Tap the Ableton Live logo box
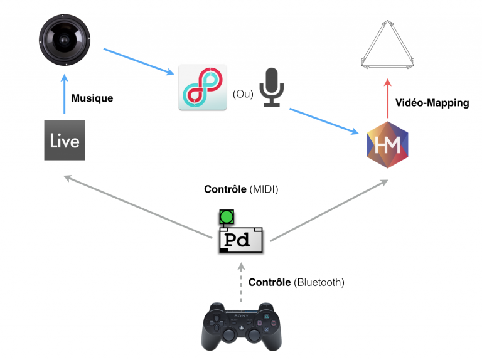click(x=65, y=139)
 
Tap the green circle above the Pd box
click(x=226, y=217)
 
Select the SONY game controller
click(x=241, y=327)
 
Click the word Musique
click(x=92, y=98)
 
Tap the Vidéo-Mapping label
click(x=432, y=103)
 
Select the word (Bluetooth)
click(x=319, y=282)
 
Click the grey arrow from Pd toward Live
click(x=138, y=206)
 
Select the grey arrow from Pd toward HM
click(x=326, y=210)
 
